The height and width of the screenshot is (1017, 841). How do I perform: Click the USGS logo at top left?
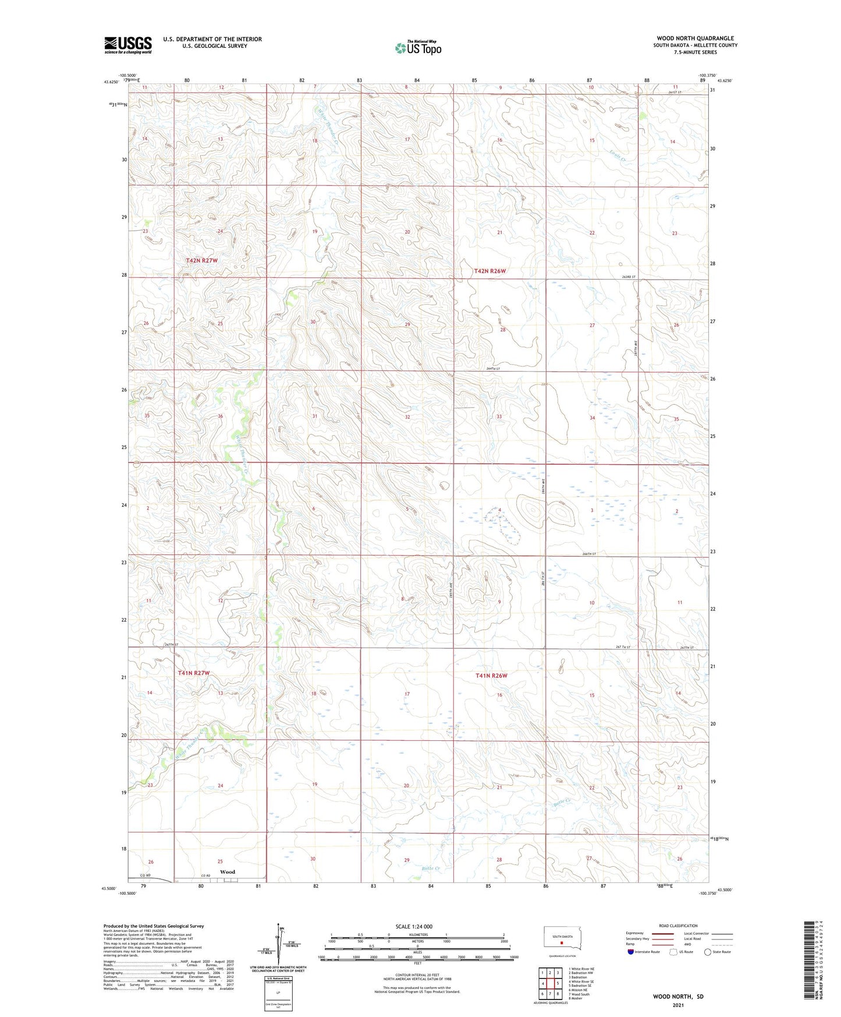click(x=127, y=45)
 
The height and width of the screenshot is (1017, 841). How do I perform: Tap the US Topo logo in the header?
click(x=418, y=48)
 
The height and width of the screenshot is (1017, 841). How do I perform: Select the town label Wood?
click(x=228, y=871)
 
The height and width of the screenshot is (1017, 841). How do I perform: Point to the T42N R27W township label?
click(x=201, y=260)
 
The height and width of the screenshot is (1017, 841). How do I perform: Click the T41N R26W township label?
click(x=491, y=676)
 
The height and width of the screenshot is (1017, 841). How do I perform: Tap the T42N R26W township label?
click(x=490, y=271)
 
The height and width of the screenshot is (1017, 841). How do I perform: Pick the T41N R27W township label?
click(x=194, y=673)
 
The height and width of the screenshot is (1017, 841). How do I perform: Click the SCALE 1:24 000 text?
click(x=414, y=926)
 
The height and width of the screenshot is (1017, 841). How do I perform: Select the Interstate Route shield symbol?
click(x=630, y=952)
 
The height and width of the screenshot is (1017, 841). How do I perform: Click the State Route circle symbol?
click(x=708, y=952)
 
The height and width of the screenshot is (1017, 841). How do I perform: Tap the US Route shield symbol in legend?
click(x=674, y=952)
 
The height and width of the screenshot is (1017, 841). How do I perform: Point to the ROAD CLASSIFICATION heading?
click(x=678, y=926)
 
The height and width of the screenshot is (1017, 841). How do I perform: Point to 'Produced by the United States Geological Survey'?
click(x=154, y=926)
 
